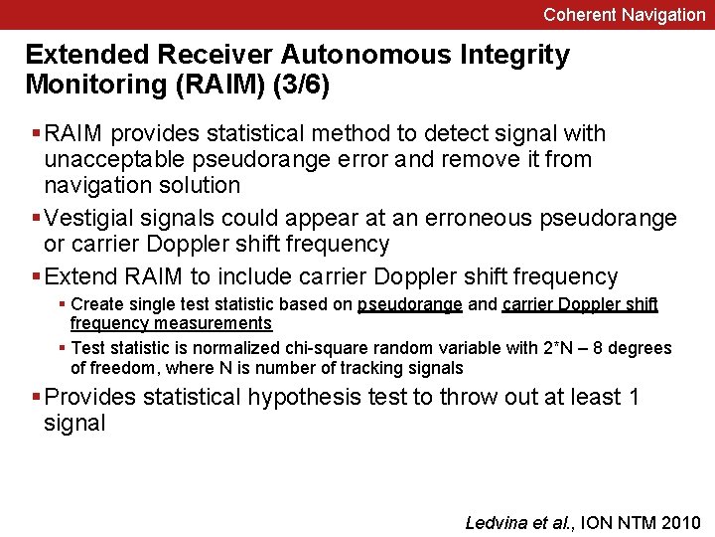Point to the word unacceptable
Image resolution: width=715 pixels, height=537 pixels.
pyautogui.click(x=108, y=159)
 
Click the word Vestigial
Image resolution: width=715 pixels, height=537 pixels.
pyautogui.click(x=95, y=218)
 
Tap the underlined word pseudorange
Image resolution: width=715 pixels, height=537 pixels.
pyautogui.click(x=409, y=304)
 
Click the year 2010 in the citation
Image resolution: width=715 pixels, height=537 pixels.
pyautogui.click(x=680, y=522)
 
